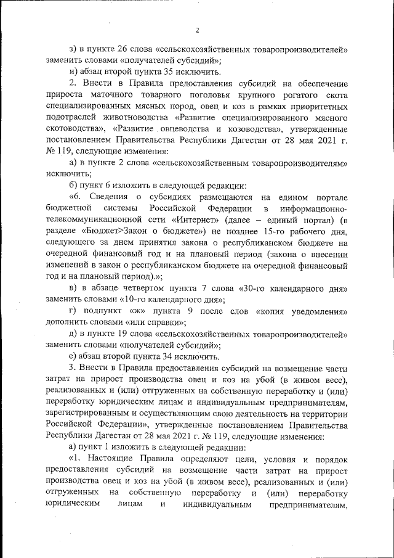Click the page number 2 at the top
[198, 30]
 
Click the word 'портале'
[329, 196]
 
